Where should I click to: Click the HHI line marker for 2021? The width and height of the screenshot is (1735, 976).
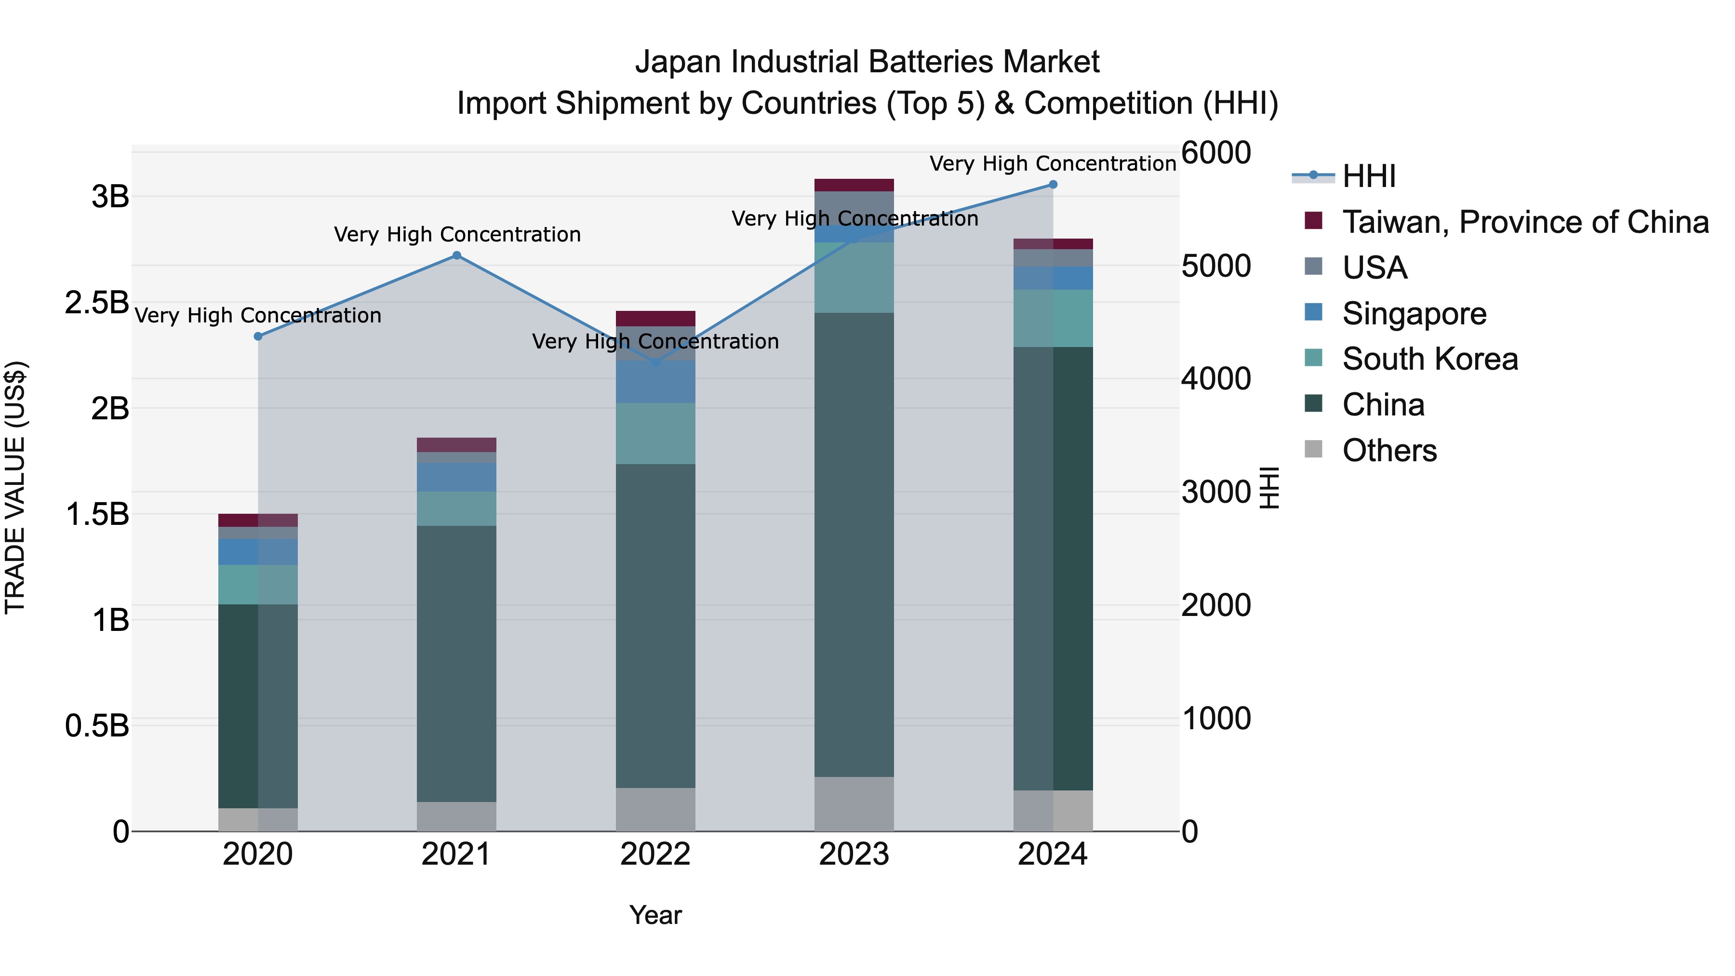click(x=457, y=255)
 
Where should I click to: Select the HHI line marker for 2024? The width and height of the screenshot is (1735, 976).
click(x=1054, y=185)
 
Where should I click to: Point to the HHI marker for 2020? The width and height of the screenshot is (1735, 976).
click(x=258, y=336)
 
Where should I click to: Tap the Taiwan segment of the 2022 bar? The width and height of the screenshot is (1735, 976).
click(x=655, y=319)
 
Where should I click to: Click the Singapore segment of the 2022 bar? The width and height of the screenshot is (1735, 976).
click(x=655, y=382)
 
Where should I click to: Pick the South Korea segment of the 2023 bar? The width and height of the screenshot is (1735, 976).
click(x=854, y=278)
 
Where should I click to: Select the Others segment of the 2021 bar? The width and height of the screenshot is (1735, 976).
click(x=457, y=816)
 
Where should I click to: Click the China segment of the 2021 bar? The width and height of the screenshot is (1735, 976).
click(x=457, y=664)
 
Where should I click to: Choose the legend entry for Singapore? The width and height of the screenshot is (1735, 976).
click(x=1413, y=314)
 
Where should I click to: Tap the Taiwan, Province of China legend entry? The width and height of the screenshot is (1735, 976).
click(x=1525, y=222)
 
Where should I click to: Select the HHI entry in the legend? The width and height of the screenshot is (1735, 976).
click(x=1367, y=176)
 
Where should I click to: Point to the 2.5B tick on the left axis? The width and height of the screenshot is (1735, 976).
click(x=96, y=302)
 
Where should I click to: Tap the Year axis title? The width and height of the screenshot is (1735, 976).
click(x=655, y=915)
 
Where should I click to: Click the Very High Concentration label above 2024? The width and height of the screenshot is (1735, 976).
click(x=1053, y=164)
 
